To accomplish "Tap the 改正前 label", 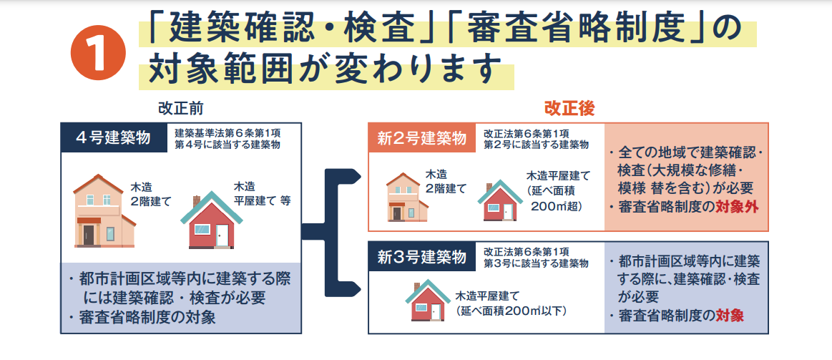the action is click(180, 108).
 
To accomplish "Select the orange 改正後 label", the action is click(569, 108).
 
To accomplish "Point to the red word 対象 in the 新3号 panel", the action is click(730, 316).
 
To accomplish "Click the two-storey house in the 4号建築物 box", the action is click(104, 210).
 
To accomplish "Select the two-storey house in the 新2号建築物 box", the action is click(407, 197).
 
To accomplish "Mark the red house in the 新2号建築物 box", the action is click(499, 200).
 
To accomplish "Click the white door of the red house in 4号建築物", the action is click(222, 235).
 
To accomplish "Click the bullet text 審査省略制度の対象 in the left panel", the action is click(142, 318).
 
